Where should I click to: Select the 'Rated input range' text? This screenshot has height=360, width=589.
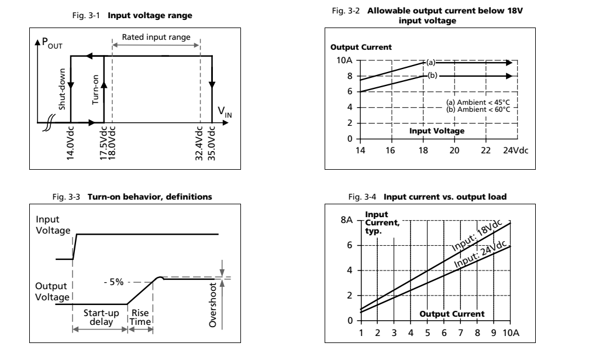(156, 37)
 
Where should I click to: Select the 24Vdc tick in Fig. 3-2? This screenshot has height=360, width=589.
(515, 150)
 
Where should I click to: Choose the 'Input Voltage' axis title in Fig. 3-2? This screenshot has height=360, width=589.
(436, 131)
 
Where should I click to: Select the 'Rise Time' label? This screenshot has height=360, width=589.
(140, 317)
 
